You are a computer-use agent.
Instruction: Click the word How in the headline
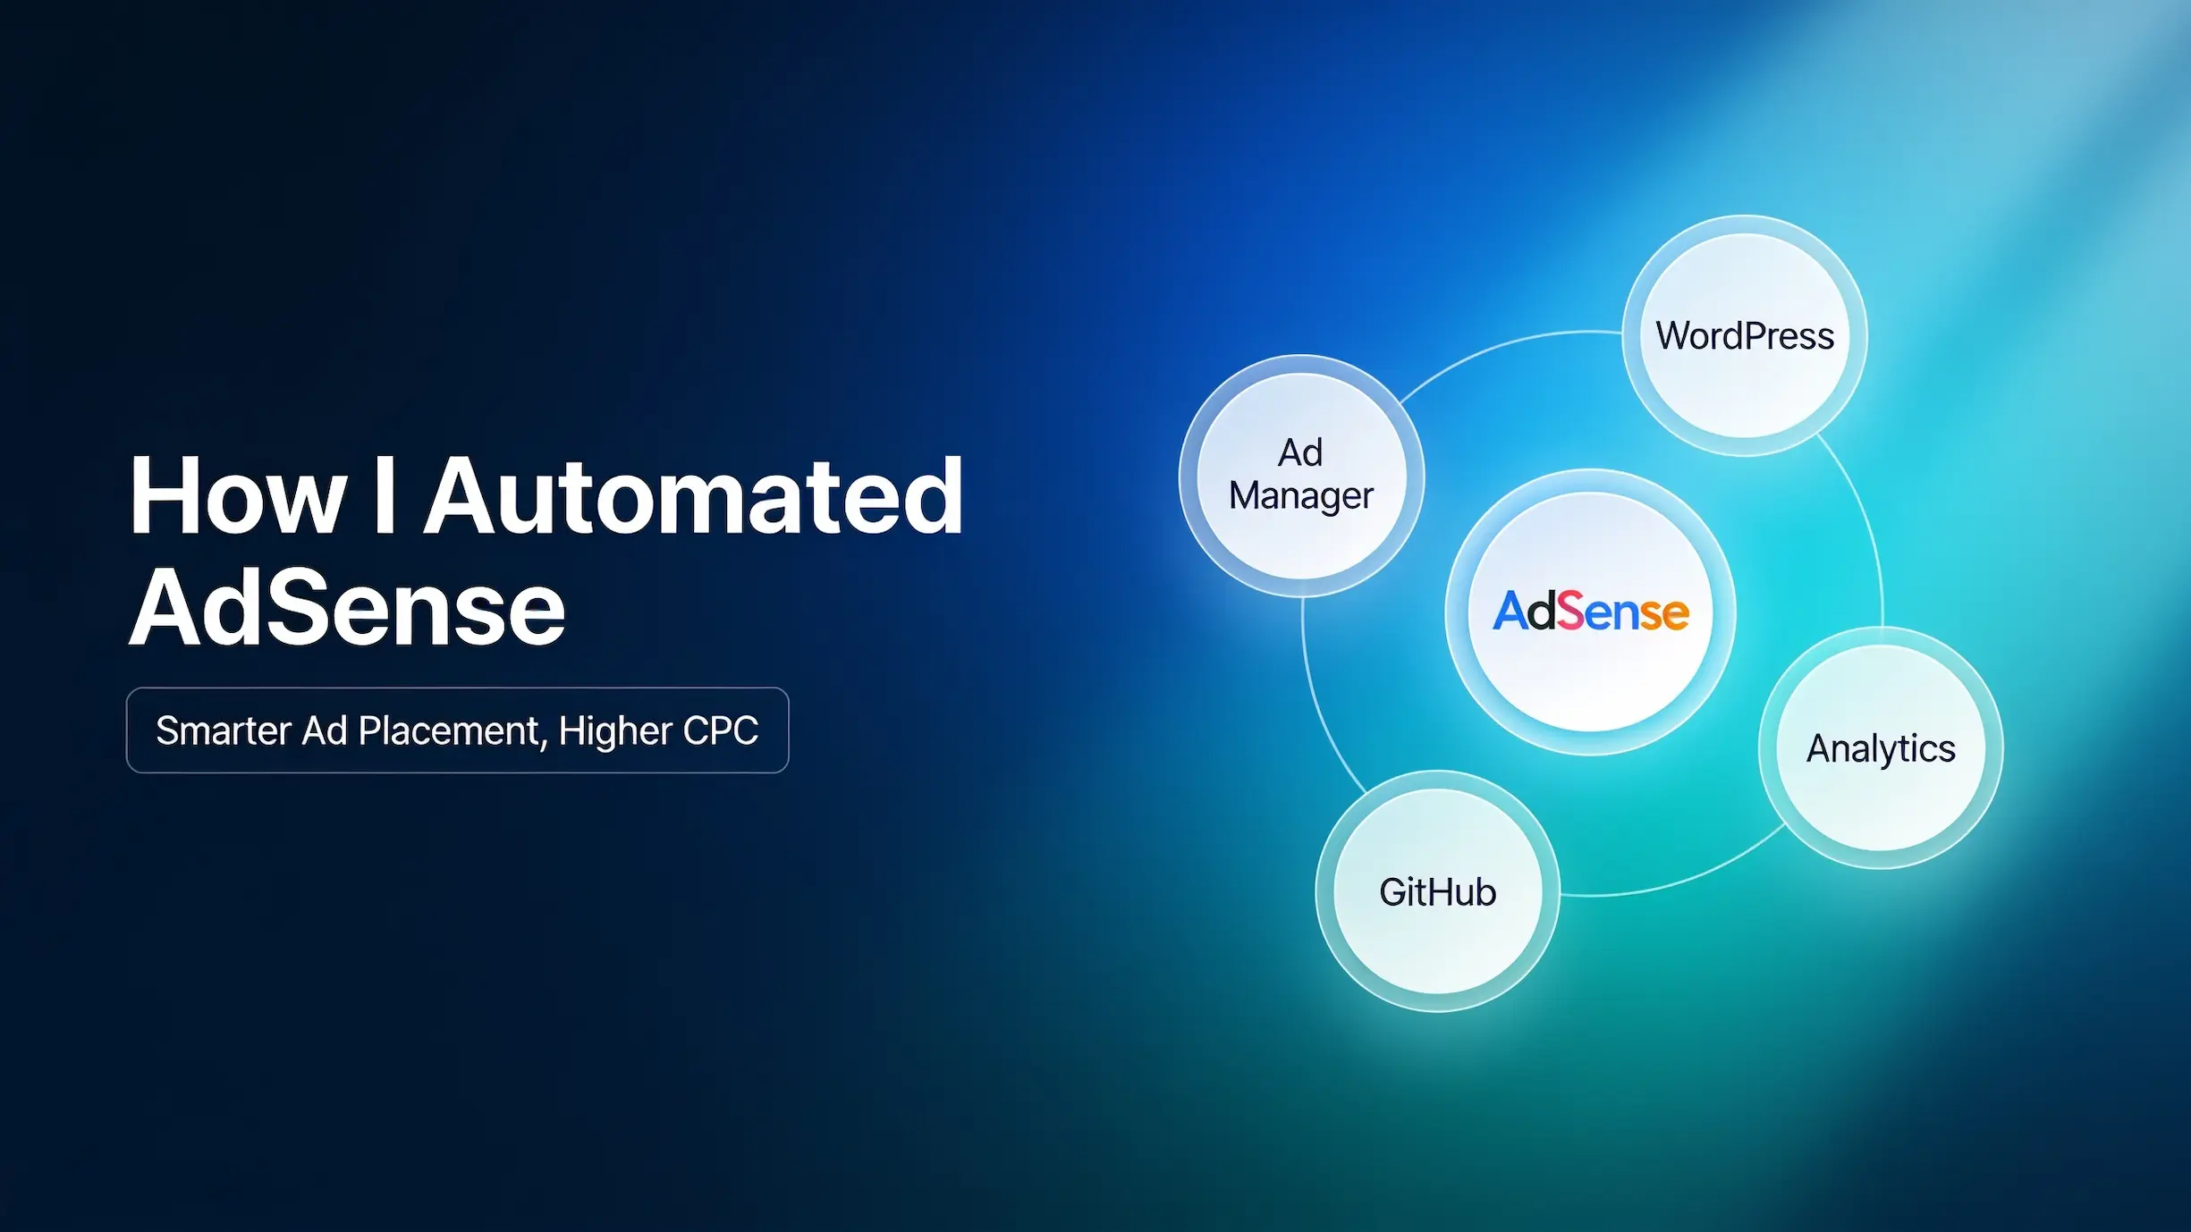pos(237,495)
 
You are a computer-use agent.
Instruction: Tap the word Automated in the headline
pos(694,495)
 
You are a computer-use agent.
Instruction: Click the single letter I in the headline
pos(385,495)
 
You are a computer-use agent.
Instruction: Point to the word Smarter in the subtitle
pos(224,730)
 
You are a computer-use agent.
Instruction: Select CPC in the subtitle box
pos(721,730)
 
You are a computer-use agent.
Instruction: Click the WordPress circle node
pos(1745,335)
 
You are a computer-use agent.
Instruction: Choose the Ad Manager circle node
pos(1301,476)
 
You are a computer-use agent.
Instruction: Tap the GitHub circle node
pos(1438,891)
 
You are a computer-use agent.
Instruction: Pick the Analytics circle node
pos(1881,747)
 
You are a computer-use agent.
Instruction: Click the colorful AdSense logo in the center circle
pos(1591,612)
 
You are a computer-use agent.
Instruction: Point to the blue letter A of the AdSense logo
pos(1510,612)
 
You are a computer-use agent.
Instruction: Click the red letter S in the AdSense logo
pos(1571,612)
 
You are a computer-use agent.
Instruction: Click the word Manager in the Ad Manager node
pos(1301,496)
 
